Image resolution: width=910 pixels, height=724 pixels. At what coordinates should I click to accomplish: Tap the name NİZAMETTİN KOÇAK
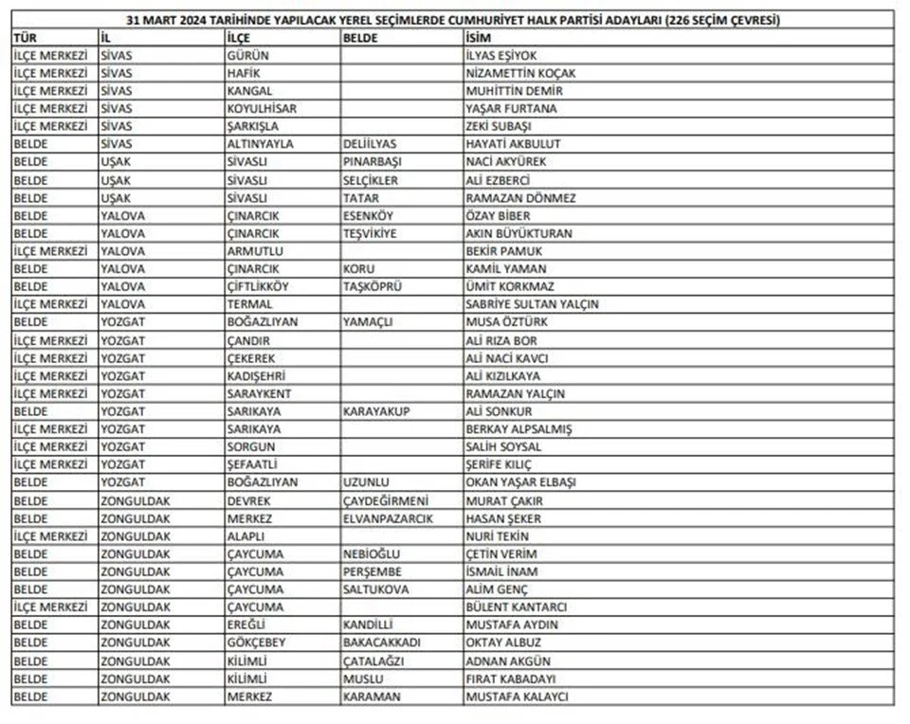pos(520,73)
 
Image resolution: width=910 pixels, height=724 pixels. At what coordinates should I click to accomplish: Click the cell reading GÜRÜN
pos(248,55)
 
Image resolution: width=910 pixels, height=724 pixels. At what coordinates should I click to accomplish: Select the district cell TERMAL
pos(249,304)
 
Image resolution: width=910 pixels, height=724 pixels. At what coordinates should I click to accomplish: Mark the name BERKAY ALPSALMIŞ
pos(519,429)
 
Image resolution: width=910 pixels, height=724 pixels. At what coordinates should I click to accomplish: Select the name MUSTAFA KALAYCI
pos(517,697)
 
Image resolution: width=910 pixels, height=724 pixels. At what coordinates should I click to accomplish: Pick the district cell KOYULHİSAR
pos(262,108)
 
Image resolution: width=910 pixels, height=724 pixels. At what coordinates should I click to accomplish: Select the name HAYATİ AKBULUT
pos(514,144)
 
